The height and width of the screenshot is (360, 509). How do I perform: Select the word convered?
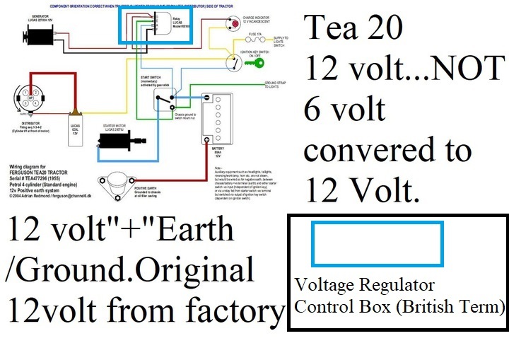pyautogui.click(x=368, y=150)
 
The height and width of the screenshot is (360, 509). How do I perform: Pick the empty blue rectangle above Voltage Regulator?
pyautogui.click(x=378, y=244)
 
